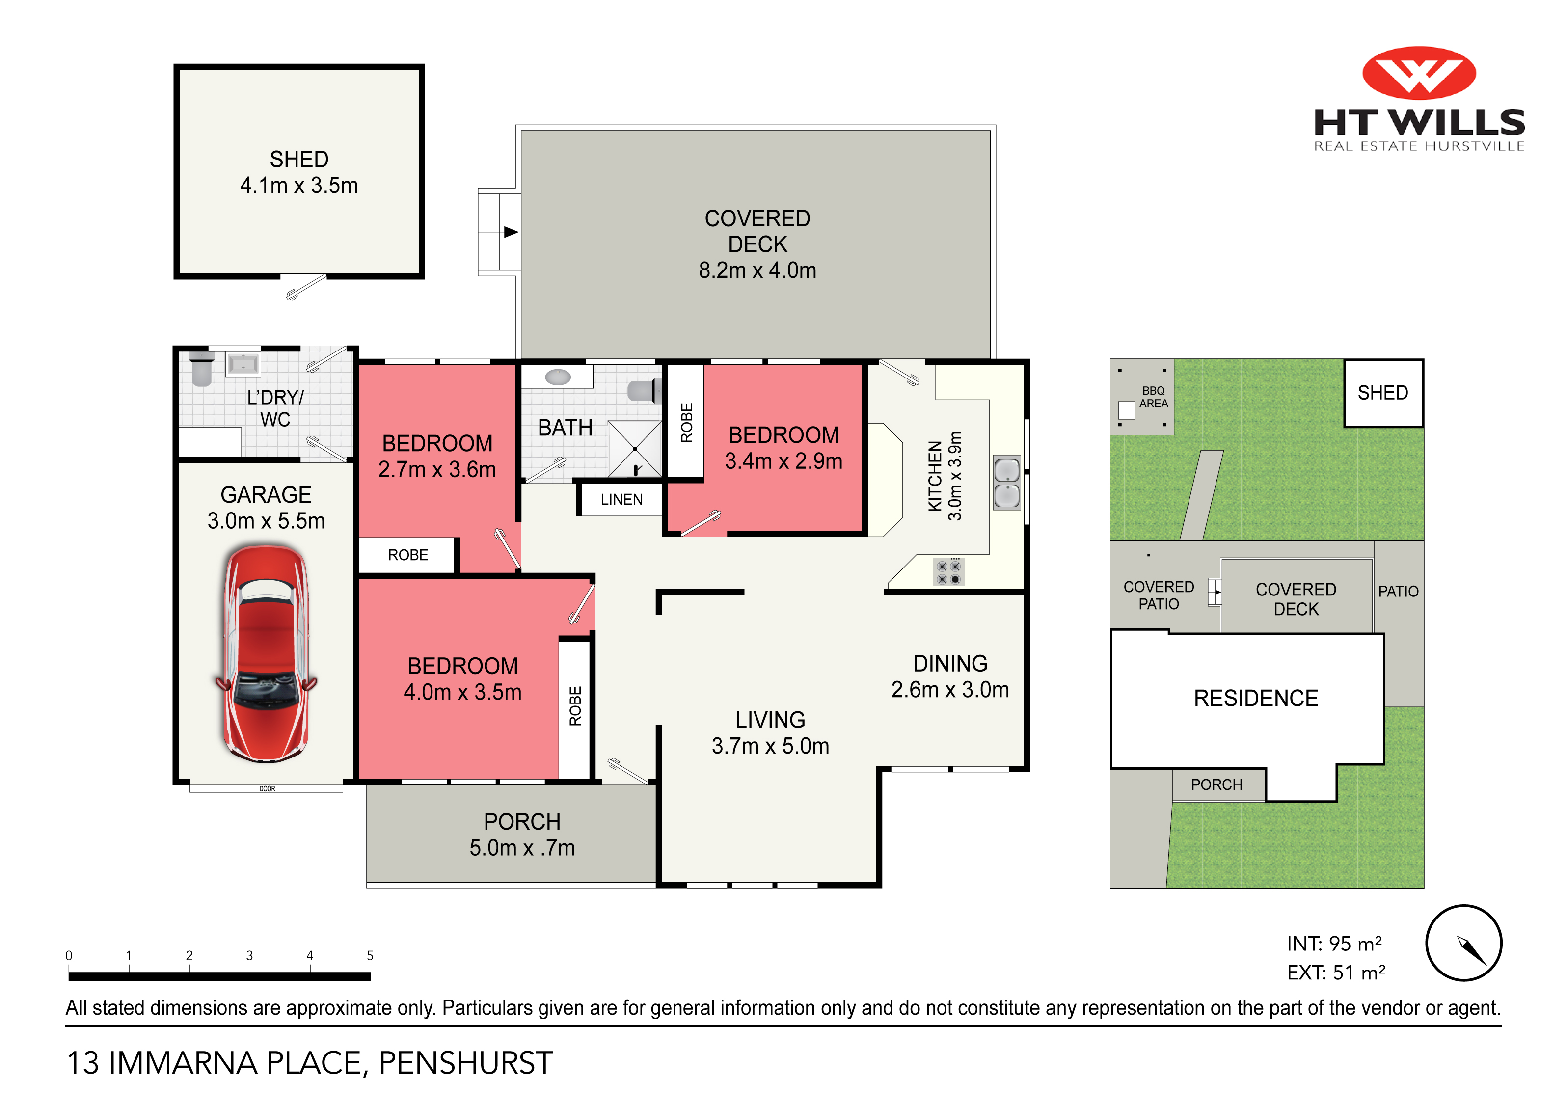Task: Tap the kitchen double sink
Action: [1007, 483]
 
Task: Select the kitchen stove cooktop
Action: [948, 572]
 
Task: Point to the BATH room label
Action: [565, 428]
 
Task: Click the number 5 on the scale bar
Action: [370, 956]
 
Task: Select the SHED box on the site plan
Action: [1383, 393]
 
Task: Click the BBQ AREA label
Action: [1154, 397]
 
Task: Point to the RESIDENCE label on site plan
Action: [1256, 699]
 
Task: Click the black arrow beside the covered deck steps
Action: [511, 232]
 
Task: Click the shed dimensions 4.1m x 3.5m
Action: [299, 185]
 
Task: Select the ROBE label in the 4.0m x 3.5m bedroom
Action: [575, 706]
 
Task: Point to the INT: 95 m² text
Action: [1334, 944]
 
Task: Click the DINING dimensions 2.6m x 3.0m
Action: [950, 690]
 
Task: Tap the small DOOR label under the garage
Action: [267, 789]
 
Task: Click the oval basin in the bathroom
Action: [558, 377]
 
